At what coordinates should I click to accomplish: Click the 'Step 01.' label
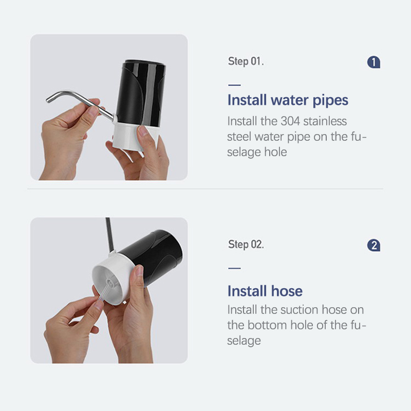click(x=246, y=61)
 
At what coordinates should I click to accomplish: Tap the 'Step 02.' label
click(x=246, y=245)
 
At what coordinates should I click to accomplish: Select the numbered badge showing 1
click(x=373, y=62)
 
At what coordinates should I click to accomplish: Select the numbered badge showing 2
click(x=373, y=246)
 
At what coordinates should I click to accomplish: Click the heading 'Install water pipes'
click(x=288, y=100)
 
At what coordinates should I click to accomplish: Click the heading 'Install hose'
click(x=265, y=291)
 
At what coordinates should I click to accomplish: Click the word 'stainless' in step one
click(x=325, y=121)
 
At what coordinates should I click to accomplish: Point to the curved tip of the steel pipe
click(x=48, y=99)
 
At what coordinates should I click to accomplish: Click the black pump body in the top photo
click(x=141, y=93)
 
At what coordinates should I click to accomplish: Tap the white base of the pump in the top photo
click(x=135, y=136)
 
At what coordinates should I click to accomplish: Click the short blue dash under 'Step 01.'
click(x=234, y=85)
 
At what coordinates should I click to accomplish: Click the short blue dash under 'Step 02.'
click(x=234, y=268)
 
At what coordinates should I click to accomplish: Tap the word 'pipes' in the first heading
click(x=330, y=101)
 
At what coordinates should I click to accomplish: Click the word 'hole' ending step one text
click(x=275, y=152)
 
